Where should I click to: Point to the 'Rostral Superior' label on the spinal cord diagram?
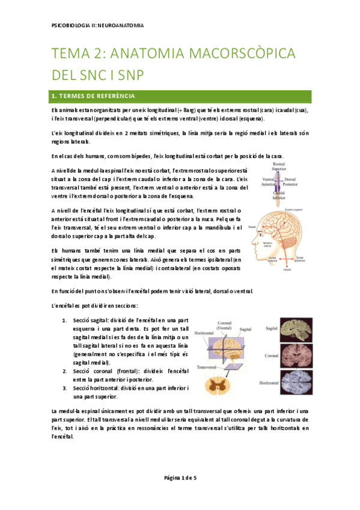pos(278,167)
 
